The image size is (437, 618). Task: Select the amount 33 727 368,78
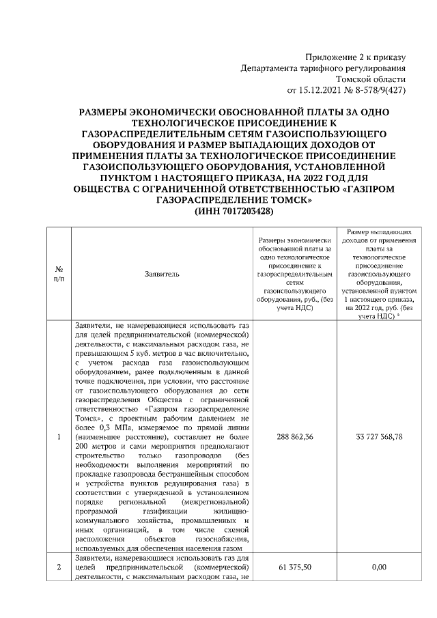coord(379,436)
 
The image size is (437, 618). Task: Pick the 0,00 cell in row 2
coord(379,567)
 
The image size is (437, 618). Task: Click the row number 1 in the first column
coord(59,436)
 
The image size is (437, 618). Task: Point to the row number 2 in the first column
coord(59,567)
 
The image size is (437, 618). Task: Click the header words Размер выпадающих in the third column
coord(379,233)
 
